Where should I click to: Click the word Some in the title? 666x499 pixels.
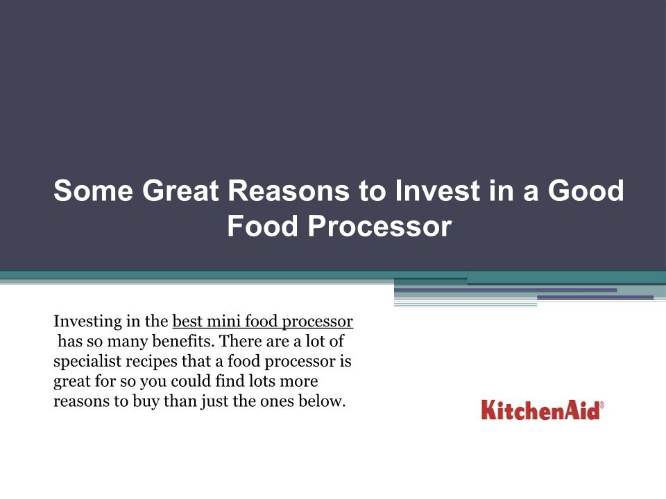click(x=94, y=191)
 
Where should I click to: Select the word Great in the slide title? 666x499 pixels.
click(x=180, y=191)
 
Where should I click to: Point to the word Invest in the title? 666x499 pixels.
click(x=438, y=191)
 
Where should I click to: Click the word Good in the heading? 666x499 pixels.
click(x=586, y=191)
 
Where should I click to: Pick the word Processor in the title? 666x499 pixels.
click(x=379, y=226)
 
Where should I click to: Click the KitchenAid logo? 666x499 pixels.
click(x=542, y=410)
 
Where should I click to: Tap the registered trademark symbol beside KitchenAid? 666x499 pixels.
click(x=601, y=405)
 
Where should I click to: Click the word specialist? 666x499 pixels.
click(x=87, y=362)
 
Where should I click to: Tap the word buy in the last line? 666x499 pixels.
click(x=146, y=401)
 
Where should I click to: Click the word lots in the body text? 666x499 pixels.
click(x=262, y=381)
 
